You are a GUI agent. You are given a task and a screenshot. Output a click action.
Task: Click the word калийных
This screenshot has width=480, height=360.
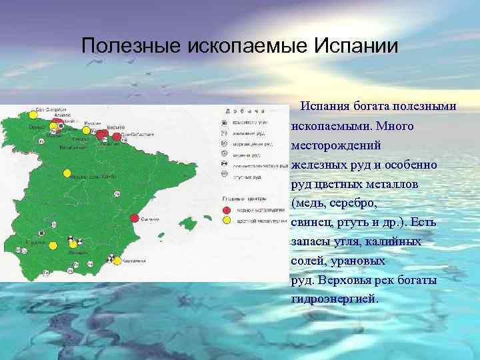pos(399,241)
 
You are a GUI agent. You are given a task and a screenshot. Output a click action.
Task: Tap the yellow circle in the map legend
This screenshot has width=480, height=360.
pos(227,220)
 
